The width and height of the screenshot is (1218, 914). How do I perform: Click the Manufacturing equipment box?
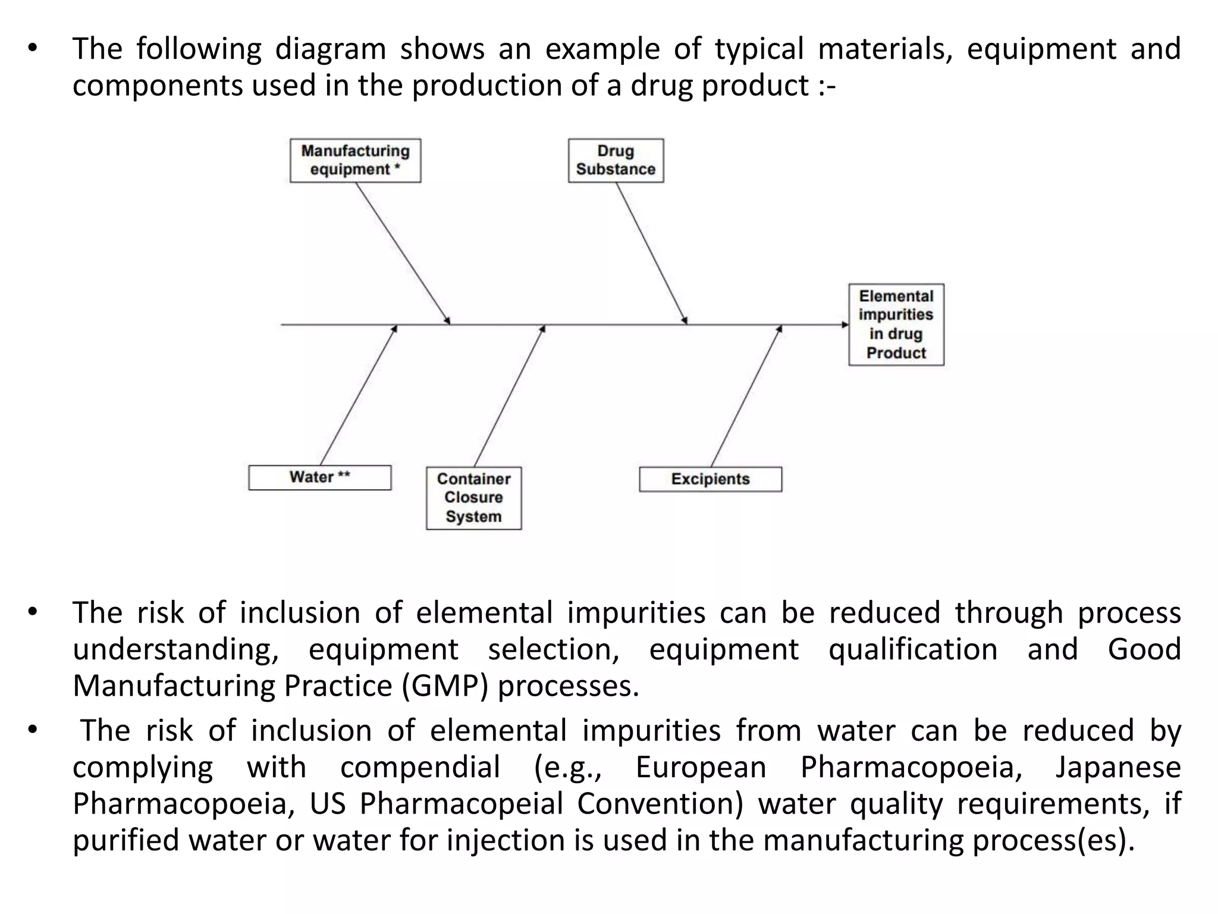pos(355,161)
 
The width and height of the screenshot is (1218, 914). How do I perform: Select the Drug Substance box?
pos(616,161)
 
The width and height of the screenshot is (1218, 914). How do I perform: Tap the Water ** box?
pos(319,478)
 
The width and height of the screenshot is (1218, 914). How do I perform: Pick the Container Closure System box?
pos(473,498)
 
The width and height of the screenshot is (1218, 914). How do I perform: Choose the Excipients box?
pos(710,480)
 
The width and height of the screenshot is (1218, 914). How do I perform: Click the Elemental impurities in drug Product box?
pos(896,324)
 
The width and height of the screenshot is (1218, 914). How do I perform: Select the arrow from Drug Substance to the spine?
pos(651,253)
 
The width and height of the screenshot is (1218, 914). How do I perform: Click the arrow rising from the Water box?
pos(358,396)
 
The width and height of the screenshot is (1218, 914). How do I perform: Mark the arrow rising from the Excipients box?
pos(746,396)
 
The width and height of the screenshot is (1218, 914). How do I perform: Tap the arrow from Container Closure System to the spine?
pos(509,396)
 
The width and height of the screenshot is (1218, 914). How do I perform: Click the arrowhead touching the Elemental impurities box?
pos(845,325)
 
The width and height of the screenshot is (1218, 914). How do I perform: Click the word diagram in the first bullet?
pos(330,49)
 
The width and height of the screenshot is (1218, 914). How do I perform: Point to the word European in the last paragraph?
pos(701,768)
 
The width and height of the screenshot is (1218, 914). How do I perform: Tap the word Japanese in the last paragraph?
pos(1118,768)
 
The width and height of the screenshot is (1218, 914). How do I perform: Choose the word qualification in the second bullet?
pos(913,649)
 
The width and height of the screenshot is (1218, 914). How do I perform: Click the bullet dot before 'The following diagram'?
pos(33,49)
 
